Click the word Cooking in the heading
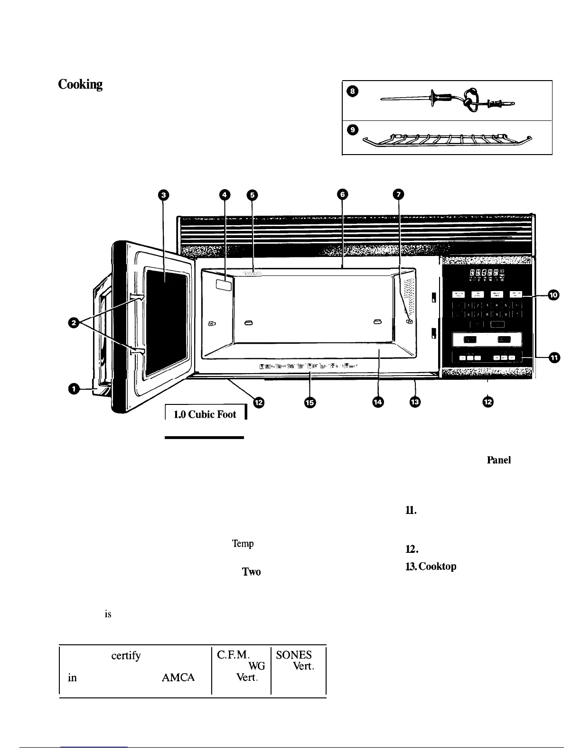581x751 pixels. click(80, 85)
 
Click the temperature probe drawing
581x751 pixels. click(449, 100)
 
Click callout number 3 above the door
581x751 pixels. click(163, 194)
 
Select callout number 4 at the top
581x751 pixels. click(225, 194)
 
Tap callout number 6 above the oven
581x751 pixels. click(342, 194)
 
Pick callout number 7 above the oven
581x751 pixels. click(398, 194)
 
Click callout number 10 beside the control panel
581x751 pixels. click(553, 295)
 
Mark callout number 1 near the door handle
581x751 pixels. click(74, 389)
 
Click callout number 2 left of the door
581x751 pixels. click(74, 323)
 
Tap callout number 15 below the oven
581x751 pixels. click(310, 402)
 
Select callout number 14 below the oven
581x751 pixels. click(378, 402)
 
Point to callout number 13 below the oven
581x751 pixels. click(415, 402)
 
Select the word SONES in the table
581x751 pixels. click(293, 655)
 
